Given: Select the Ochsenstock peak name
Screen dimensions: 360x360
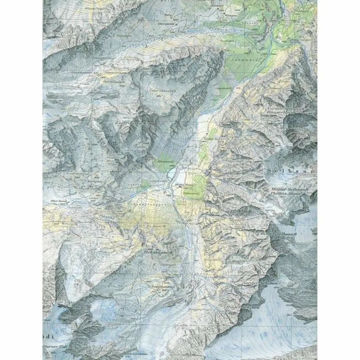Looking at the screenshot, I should pos(159,252).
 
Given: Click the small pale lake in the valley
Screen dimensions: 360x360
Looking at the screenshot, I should pos(173,175).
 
